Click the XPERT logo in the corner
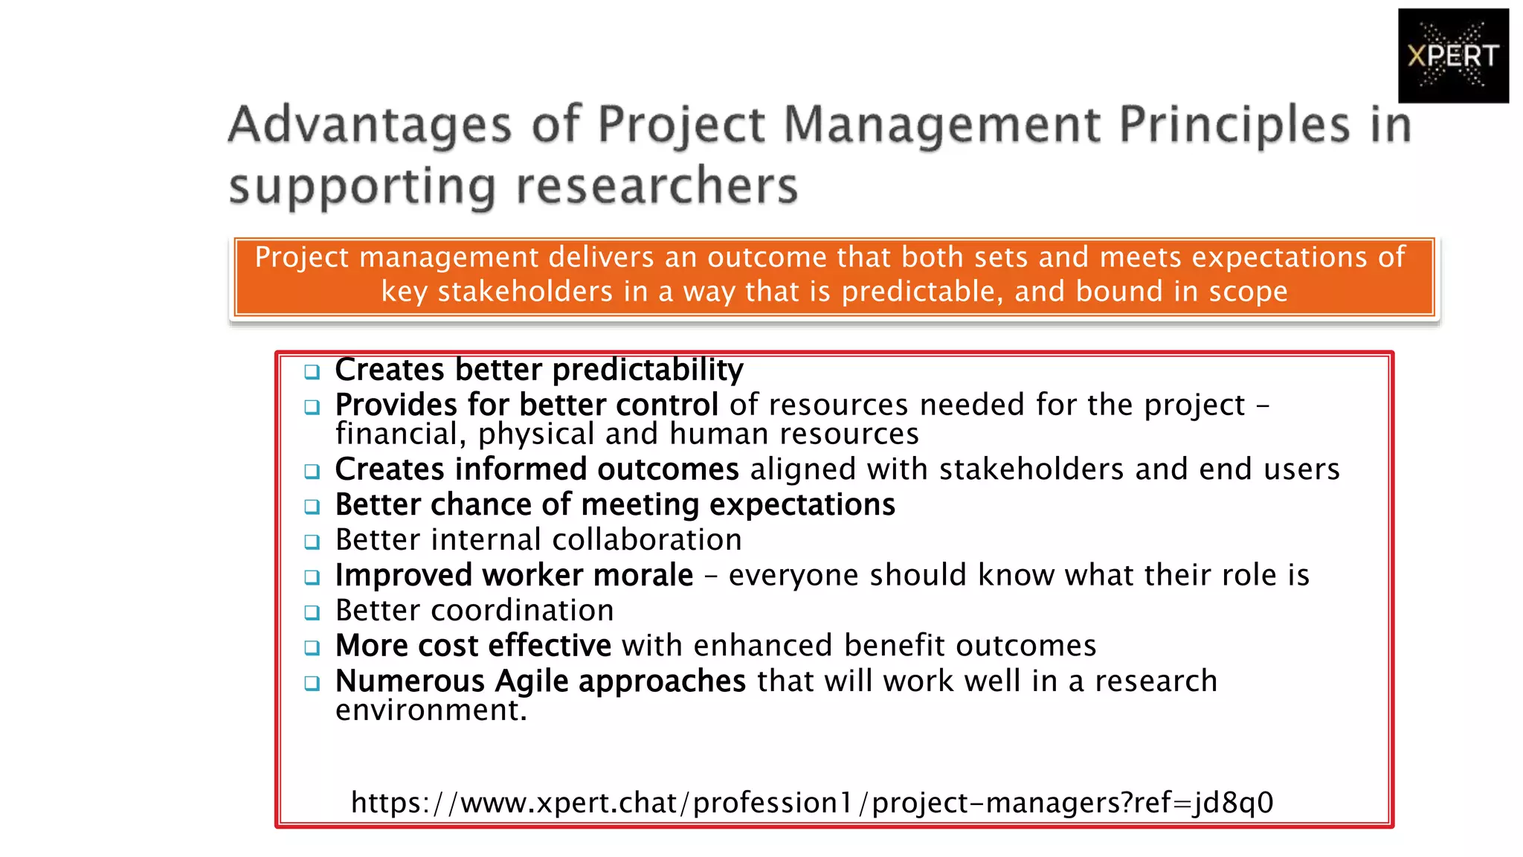point(1452,56)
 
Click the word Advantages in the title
point(370,124)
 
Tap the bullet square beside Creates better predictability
point(312,371)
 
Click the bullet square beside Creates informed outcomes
point(312,471)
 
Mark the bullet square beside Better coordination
point(312,612)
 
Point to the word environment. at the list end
point(431,710)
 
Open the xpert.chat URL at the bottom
point(812,803)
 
